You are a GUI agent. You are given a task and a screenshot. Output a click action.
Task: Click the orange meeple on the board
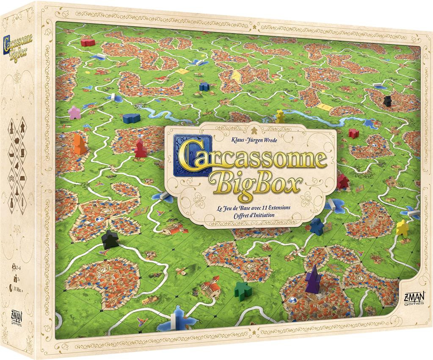[x=79, y=144]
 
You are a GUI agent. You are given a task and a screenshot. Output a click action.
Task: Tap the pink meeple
[x=74, y=112]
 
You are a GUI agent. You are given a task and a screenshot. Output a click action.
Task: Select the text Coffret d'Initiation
[x=251, y=215]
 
